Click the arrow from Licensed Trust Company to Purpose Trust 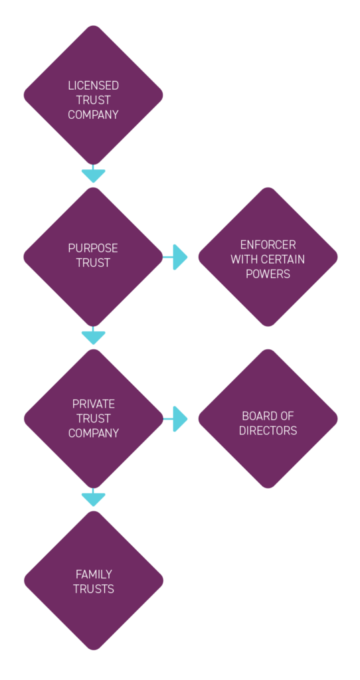pyautogui.click(x=93, y=175)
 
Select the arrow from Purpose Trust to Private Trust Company pyautogui.click(x=93, y=337)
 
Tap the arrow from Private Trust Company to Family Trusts pyautogui.click(x=93, y=498)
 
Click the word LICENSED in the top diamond pyautogui.click(x=93, y=86)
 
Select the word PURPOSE pyautogui.click(x=93, y=248)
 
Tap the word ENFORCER pyautogui.click(x=268, y=244)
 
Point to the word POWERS pyautogui.click(x=268, y=274)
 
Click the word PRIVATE pyautogui.click(x=93, y=404)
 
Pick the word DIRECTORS pyautogui.click(x=268, y=430)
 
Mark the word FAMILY pyautogui.click(x=93, y=574)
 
